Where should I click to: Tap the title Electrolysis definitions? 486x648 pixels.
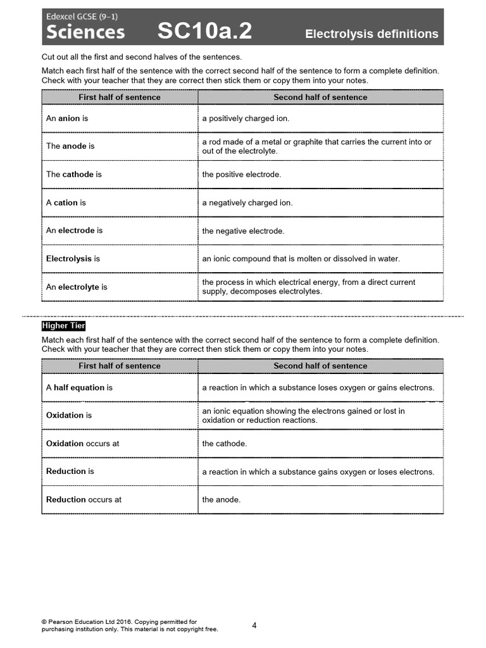[x=371, y=34]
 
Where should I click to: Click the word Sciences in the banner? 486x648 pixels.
[x=86, y=32]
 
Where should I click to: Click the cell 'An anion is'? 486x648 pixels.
[x=67, y=118]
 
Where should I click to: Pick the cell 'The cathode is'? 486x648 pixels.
[x=73, y=174]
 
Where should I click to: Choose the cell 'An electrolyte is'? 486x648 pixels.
[x=77, y=287]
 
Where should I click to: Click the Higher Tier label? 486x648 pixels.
[x=63, y=325]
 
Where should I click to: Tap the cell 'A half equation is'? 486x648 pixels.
[x=79, y=387]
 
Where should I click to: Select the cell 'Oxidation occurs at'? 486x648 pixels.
[x=82, y=444]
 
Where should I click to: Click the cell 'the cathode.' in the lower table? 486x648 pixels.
[x=224, y=444]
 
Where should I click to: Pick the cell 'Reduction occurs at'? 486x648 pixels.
[x=84, y=499]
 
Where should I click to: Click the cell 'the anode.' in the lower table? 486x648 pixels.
[x=221, y=499]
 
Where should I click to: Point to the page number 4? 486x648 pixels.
[x=254, y=625]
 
